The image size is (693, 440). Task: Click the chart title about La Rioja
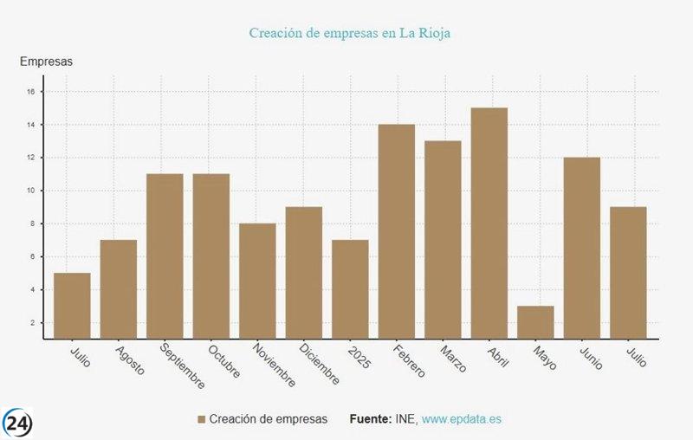click(x=350, y=33)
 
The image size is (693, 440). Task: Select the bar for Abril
click(x=489, y=223)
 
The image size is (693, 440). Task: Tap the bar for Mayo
click(x=535, y=321)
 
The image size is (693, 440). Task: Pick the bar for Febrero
click(x=397, y=231)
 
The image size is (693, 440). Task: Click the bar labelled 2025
click(x=350, y=288)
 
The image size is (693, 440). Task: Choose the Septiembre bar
click(x=165, y=256)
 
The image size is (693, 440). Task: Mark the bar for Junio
click(x=582, y=248)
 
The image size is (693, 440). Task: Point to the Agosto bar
click(x=119, y=288)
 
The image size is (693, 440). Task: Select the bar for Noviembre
click(x=257, y=281)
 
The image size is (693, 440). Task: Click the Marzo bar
click(x=443, y=239)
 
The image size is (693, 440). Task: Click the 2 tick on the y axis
click(x=32, y=323)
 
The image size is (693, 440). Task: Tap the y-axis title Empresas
click(x=46, y=61)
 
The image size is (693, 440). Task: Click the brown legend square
click(x=202, y=419)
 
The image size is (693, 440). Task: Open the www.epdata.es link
click(x=462, y=419)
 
